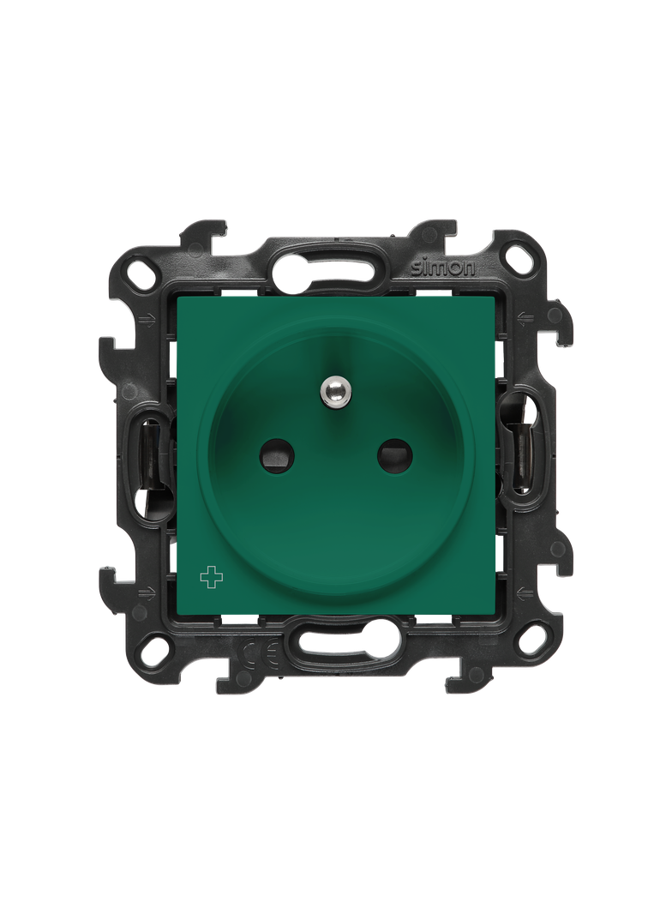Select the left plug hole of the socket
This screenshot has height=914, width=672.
273,455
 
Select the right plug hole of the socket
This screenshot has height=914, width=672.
393,454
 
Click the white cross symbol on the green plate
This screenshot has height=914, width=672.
212,578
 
